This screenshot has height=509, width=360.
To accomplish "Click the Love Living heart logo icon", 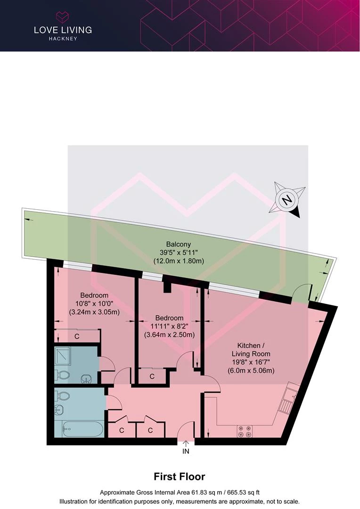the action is (63, 17).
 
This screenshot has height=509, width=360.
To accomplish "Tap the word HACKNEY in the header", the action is (63, 39).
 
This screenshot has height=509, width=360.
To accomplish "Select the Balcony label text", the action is (179, 244).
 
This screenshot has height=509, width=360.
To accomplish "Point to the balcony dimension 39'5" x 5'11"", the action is (179, 252).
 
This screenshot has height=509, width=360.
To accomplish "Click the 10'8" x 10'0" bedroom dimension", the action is (94, 304).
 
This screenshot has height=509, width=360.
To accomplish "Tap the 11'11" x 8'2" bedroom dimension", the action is (169, 326).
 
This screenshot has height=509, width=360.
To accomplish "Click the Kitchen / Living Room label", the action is (251, 350).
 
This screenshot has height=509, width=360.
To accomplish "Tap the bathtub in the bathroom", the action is (83, 429).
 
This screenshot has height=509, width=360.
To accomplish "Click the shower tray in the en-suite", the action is (65, 356).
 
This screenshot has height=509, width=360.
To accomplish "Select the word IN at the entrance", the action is (186, 451).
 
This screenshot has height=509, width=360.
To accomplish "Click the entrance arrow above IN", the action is (186, 443).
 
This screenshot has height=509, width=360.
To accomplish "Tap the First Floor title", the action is (180, 476).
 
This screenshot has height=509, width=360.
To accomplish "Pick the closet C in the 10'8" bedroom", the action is (77, 337).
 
